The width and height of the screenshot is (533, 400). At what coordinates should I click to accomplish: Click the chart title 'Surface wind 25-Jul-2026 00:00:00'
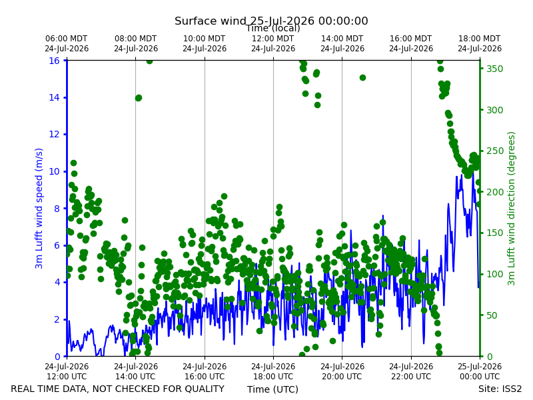pos(271,21)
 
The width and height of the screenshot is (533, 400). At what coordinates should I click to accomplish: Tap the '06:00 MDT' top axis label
pos(66,39)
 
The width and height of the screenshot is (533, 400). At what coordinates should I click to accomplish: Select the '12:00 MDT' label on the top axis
pos(273,39)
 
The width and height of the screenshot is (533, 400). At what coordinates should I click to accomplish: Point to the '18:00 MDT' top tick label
pos(479,39)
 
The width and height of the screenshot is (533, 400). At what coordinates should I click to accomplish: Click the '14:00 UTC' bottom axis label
pos(135,377)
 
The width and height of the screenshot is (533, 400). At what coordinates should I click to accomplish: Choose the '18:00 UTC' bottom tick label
pos(273,377)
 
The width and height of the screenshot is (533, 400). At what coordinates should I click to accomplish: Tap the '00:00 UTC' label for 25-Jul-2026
pos(480,377)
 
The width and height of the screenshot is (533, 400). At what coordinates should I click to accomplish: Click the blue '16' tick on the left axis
pos(55,61)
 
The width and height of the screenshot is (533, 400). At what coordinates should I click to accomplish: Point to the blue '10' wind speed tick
pos(55,171)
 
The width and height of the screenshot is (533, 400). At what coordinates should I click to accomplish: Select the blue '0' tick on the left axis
pos(57,357)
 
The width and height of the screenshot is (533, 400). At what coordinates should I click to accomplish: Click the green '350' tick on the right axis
pos(494,69)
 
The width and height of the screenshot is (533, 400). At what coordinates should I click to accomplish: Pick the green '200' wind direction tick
pos(494,192)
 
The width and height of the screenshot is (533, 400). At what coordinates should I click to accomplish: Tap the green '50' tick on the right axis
pos(492,315)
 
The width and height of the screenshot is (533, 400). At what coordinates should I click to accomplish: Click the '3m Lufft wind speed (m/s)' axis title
pos(39,208)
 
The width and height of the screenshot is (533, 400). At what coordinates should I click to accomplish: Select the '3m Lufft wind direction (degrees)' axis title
pos(511,208)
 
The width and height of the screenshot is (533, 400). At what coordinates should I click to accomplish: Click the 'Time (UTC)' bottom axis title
pos(272,389)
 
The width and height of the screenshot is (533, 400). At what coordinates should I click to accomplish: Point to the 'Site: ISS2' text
pos(500,389)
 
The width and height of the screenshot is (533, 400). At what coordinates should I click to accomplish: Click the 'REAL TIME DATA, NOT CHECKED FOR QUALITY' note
pos(118,389)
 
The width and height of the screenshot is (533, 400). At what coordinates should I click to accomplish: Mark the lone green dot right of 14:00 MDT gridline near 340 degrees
pos(362,77)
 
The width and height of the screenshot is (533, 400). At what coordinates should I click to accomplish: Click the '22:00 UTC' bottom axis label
pos(411,377)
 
